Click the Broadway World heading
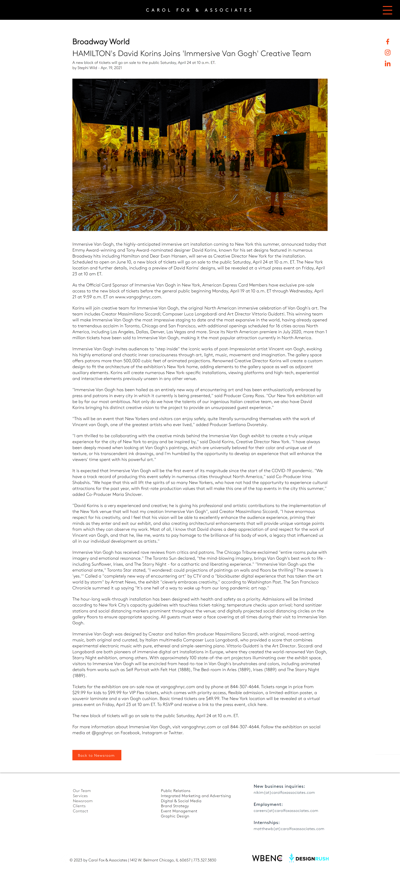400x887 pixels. (x=101, y=42)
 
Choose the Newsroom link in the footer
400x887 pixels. (x=83, y=801)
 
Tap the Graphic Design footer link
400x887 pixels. (x=175, y=816)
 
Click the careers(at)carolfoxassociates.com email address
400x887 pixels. (x=286, y=811)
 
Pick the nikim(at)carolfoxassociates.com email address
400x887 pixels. (x=284, y=792)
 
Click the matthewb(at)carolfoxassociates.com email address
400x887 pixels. (x=289, y=829)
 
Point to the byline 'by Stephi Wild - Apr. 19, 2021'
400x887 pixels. (x=97, y=68)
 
